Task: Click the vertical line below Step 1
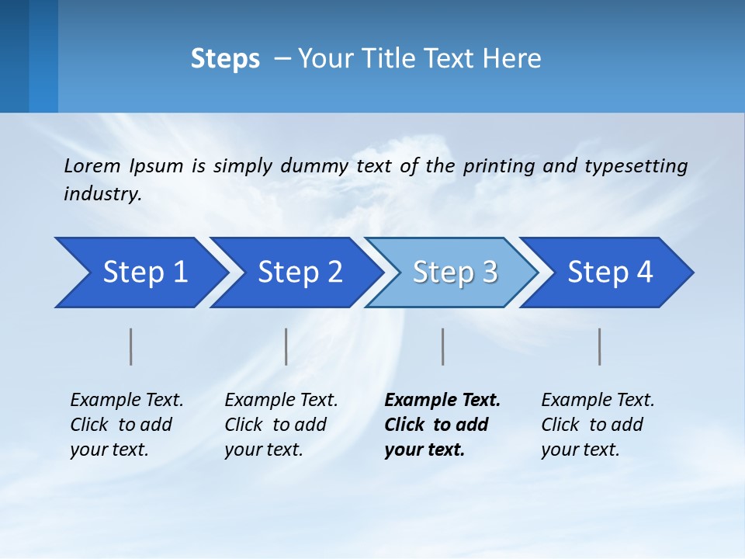(131, 346)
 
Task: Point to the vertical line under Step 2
(286, 346)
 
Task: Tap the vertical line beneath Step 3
(442, 346)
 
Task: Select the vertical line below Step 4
(599, 346)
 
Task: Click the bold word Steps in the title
(225, 59)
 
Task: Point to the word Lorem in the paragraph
(92, 165)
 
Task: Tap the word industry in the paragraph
(102, 194)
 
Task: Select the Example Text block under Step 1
(126, 425)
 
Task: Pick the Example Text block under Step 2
(281, 425)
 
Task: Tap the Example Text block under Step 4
(598, 425)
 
